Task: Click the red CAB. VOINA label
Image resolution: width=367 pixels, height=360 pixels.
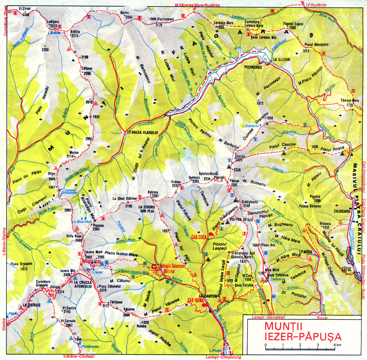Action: tap(195, 301)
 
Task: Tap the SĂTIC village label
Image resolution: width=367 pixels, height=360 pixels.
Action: tap(347, 269)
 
